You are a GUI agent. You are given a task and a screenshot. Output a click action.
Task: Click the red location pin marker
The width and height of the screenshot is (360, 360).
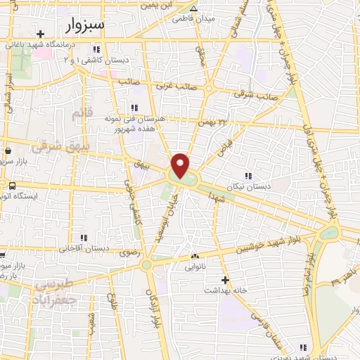click(x=181, y=165)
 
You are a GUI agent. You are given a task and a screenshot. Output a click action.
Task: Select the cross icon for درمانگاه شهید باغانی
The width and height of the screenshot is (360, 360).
click(x=41, y=34)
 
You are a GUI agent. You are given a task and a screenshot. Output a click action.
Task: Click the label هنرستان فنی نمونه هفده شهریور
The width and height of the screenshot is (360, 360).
click(x=133, y=123)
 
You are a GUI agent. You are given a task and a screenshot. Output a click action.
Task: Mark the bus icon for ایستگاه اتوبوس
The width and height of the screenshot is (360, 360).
click(x=12, y=186)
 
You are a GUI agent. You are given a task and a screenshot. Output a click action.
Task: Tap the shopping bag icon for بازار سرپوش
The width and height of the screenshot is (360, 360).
click(x=8, y=150)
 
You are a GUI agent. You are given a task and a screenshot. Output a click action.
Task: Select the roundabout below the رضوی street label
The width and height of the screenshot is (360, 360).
click(x=146, y=265)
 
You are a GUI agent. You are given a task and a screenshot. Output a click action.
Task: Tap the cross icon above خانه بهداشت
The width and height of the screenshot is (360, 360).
click(x=226, y=279)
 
